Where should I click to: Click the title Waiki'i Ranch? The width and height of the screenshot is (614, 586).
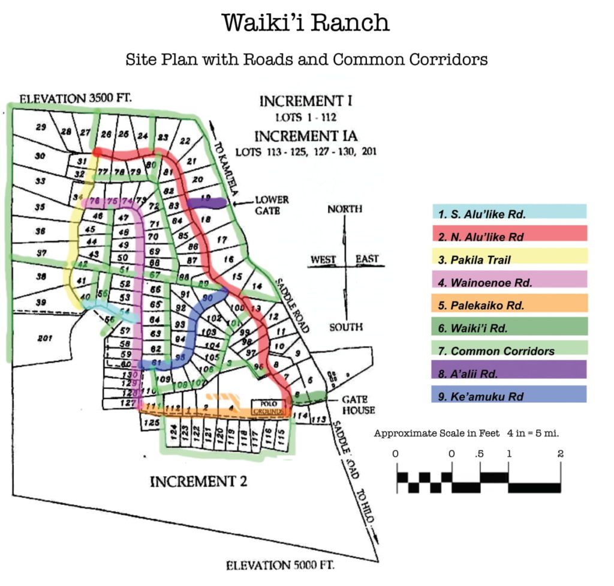click(x=306, y=23)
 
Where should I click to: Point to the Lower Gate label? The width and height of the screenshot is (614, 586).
click(x=271, y=204)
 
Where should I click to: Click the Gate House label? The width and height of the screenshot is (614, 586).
click(x=358, y=405)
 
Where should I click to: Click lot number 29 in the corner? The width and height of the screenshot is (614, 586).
click(x=41, y=127)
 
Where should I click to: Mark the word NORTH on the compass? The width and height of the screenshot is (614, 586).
click(x=345, y=209)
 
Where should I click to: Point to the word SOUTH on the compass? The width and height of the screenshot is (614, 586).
click(x=345, y=327)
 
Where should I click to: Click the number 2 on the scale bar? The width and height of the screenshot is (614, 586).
click(x=560, y=454)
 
